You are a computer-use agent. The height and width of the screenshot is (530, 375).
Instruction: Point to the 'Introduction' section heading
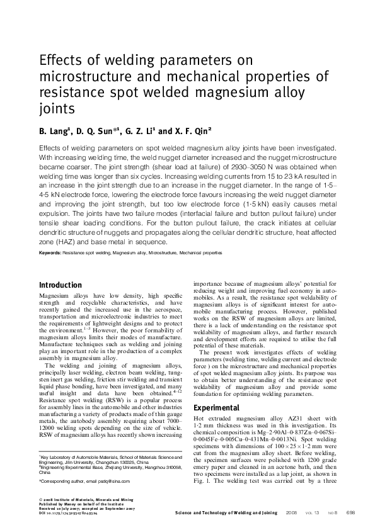(61, 285)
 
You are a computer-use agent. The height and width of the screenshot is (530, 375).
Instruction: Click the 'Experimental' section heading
(217, 407)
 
